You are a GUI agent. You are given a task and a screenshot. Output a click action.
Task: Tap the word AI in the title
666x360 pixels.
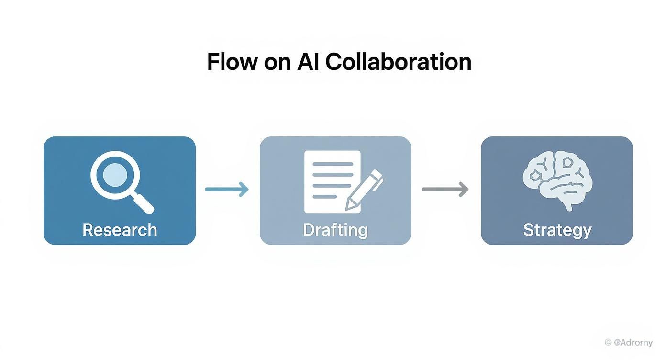(x=308, y=62)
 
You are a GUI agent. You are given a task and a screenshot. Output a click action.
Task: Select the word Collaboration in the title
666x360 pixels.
(x=398, y=62)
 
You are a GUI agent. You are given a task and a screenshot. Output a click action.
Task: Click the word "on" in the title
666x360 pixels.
(x=277, y=64)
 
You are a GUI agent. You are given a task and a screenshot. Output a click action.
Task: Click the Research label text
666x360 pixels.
(x=120, y=230)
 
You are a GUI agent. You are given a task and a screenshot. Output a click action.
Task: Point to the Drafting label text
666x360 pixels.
(x=335, y=230)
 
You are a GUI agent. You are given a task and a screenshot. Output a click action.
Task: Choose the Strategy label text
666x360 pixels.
(x=557, y=230)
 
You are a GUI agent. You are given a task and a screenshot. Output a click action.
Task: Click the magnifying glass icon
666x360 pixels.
(x=120, y=180)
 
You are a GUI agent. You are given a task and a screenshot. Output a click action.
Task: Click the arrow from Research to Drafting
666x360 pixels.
(x=227, y=189)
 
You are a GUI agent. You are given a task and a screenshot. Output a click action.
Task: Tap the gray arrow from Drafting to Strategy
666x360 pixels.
(x=444, y=189)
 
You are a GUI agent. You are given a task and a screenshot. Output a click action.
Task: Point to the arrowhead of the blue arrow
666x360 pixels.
(x=244, y=189)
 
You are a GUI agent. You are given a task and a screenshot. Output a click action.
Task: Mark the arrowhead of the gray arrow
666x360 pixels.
(x=463, y=189)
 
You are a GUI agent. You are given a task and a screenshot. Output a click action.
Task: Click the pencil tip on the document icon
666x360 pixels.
(x=349, y=207)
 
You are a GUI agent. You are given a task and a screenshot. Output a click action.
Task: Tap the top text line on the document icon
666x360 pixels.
(x=332, y=164)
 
